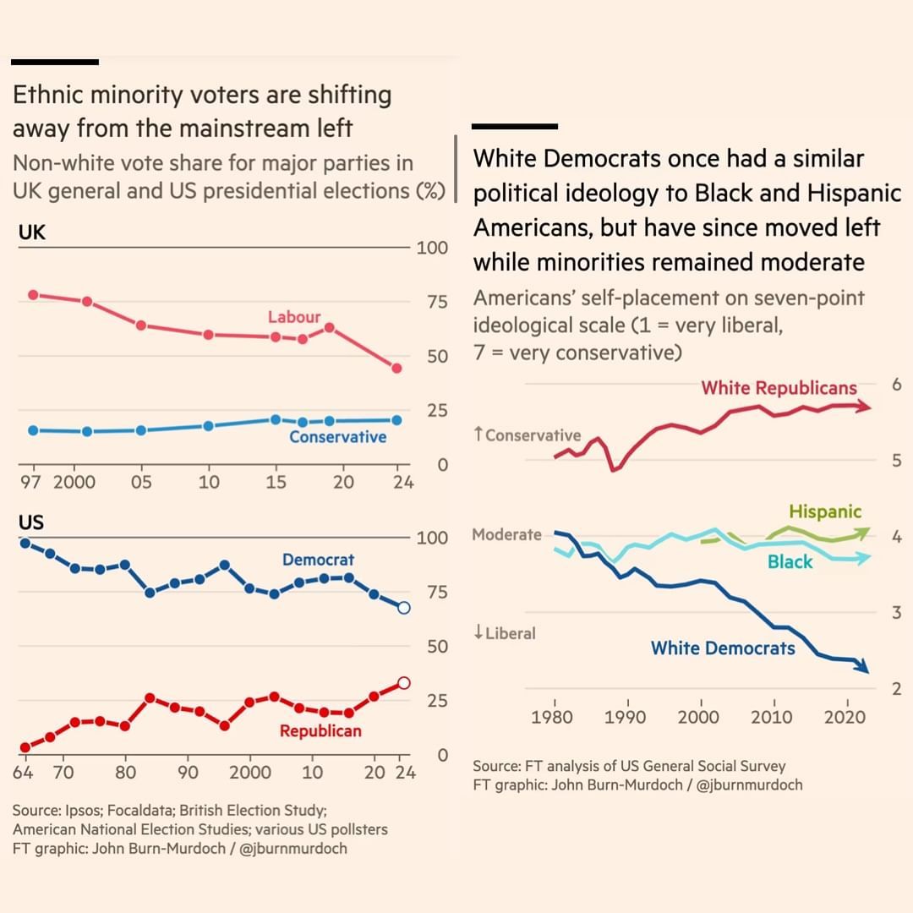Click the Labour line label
(x=294, y=317)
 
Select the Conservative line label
(x=337, y=437)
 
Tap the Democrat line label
(x=318, y=560)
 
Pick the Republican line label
(x=320, y=731)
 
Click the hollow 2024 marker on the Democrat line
(x=404, y=608)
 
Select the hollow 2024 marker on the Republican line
(x=404, y=683)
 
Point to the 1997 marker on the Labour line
(x=33, y=295)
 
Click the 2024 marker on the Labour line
(x=396, y=368)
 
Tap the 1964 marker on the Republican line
(x=25, y=747)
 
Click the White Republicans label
(x=779, y=388)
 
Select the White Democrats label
(x=723, y=648)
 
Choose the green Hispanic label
(x=825, y=511)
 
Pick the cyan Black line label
(x=790, y=562)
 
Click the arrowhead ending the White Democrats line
(x=863, y=667)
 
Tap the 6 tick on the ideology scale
(x=896, y=385)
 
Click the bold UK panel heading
(x=31, y=233)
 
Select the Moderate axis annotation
(x=506, y=534)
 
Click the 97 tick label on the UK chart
(x=30, y=483)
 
